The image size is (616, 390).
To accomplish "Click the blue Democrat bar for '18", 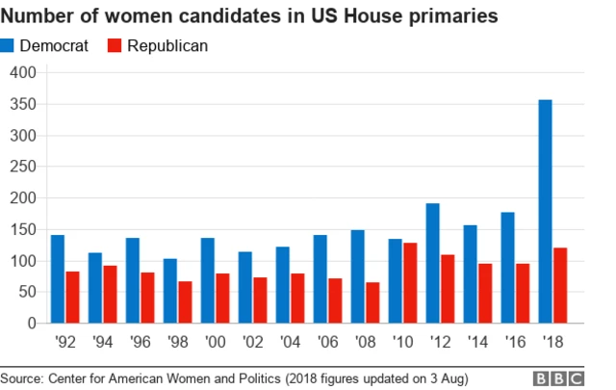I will [545, 212].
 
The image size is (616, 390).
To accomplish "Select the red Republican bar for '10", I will [410, 283].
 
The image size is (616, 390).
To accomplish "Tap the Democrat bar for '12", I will [432, 263].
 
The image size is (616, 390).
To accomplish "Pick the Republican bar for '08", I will [372, 302].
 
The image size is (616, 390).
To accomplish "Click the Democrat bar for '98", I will [170, 291].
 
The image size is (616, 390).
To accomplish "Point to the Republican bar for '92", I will [73, 298].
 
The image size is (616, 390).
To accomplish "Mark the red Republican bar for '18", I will [561, 286].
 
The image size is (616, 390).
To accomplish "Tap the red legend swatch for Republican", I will [113, 45].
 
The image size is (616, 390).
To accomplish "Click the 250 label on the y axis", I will [22, 167].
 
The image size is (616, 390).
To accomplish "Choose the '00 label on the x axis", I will [215, 341].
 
